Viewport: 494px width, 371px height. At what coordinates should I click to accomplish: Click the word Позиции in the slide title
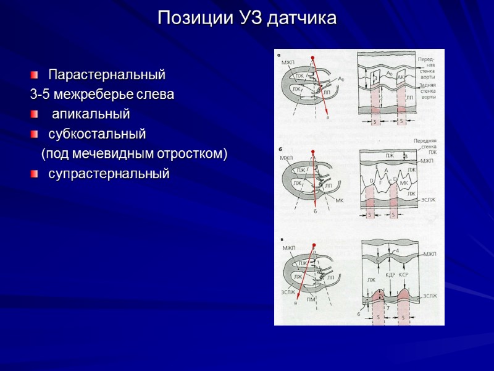pyautogui.click(x=193, y=18)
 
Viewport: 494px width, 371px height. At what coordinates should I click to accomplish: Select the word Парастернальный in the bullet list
pyautogui.click(x=107, y=75)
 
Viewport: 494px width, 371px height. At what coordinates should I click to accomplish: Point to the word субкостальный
pyautogui.click(x=97, y=134)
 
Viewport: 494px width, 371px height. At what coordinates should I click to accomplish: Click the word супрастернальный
pyautogui.click(x=109, y=174)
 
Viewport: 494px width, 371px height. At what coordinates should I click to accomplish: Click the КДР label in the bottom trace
pyautogui.click(x=390, y=274)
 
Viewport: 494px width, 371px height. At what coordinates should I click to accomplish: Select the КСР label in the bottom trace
pyautogui.click(x=404, y=274)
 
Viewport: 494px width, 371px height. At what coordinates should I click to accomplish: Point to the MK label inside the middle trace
pyautogui.click(x=404, y=183)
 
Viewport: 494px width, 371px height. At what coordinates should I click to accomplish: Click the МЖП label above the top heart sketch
pyautogui.click(x=288, y=63)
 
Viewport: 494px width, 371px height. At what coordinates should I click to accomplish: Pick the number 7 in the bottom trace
pyautogui.click(x=388, y=307)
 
